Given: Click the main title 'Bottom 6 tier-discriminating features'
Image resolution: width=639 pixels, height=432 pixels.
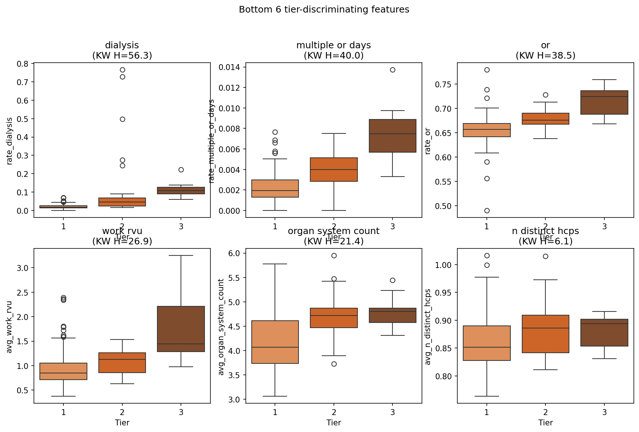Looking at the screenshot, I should coord(324,10).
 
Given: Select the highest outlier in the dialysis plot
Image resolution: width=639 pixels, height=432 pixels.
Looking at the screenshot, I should coord(122,70).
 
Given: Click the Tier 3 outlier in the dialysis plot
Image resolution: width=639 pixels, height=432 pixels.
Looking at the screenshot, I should coord(181,170).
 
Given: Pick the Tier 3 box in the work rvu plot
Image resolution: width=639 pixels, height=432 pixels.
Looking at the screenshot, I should coord(181,329).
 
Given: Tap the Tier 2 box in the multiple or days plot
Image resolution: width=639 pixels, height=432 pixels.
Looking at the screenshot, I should coord(334,170).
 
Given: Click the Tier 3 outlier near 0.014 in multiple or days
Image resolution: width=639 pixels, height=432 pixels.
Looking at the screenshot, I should coord(392,70).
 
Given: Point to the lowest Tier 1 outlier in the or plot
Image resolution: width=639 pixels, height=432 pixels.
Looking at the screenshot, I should coord(487,210).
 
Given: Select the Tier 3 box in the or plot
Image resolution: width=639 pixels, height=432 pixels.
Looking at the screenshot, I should coord(604,102).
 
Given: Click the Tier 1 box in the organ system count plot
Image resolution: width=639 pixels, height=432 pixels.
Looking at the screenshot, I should coord(275,342).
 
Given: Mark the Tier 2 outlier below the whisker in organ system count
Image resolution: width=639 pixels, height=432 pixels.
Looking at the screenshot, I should coord(334,364).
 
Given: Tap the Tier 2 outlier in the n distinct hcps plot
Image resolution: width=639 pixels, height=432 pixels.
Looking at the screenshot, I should coord(545,256).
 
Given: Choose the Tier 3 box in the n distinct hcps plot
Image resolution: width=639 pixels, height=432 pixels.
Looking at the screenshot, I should coord(604,332).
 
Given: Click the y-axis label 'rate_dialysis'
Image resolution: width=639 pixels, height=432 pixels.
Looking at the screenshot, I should coord(10,141).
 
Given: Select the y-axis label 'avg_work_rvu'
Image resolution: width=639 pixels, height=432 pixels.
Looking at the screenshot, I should coord(10,327).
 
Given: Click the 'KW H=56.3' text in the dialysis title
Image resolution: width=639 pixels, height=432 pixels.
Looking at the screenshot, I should coord(122,56).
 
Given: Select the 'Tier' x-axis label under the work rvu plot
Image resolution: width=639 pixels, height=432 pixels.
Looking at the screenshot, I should coord(122,422).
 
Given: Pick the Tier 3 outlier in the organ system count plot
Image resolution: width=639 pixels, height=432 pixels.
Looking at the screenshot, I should coord(392,280).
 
